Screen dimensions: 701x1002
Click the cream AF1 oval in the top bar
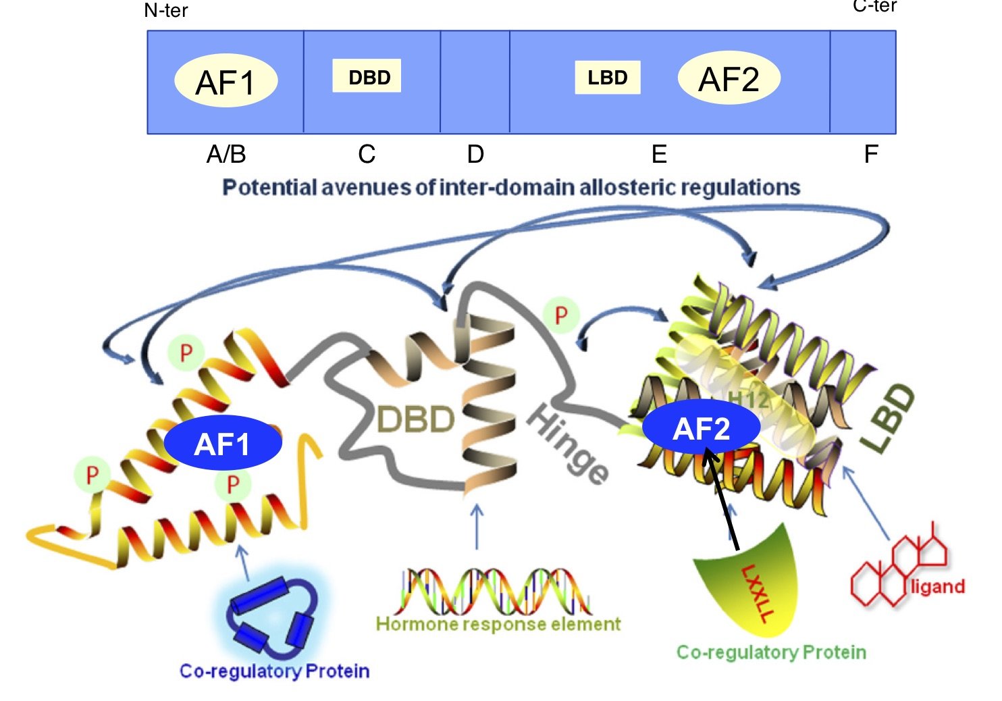[226, 81]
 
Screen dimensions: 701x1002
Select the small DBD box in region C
[367, 76]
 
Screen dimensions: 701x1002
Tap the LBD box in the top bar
[607, 78]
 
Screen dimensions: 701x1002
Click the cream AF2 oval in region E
[729, 78]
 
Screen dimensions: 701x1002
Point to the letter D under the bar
[475, 155]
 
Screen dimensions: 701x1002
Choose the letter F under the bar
[870, 155]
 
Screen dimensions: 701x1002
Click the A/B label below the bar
[226, 155]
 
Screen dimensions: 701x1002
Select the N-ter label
[166, 10]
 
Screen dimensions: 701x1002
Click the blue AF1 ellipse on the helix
[223, 443]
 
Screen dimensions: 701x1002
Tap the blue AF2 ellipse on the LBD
[701, 428]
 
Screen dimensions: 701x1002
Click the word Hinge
[567, 442]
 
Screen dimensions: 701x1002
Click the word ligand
[937, 586]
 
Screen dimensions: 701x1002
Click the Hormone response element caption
[498, 624]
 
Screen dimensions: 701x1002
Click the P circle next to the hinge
[561, 315]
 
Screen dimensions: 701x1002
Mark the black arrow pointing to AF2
[722, 500]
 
